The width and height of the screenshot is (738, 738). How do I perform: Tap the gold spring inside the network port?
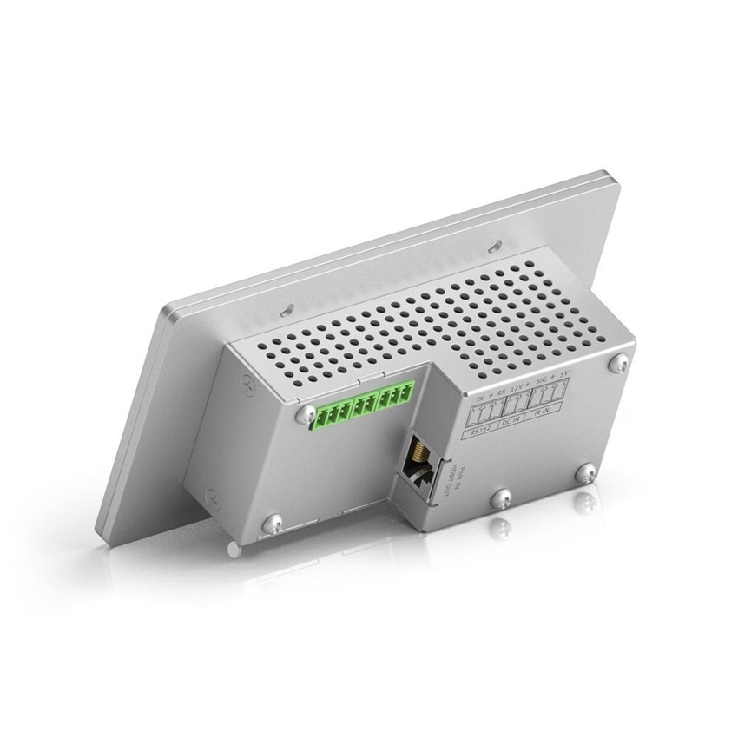pyautogui.click(x=417, y=452)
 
